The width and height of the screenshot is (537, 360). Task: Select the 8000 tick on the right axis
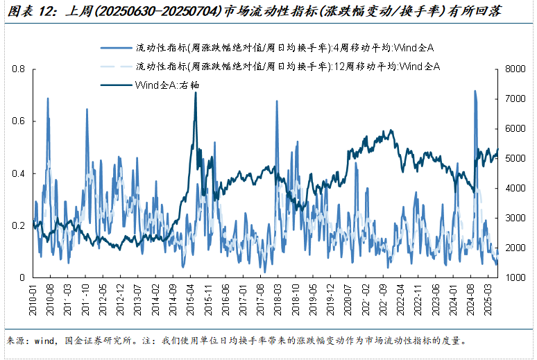(517, 69)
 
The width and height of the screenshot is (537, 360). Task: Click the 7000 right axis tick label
(517, 99)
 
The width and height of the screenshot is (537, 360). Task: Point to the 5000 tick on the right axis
(517, 159)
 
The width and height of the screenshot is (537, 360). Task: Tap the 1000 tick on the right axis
(517, 277)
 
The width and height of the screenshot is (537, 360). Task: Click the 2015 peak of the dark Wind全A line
(196, 93)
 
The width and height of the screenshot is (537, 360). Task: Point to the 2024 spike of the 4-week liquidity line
(475, 91)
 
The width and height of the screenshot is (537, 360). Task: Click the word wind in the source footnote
(44, 341)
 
